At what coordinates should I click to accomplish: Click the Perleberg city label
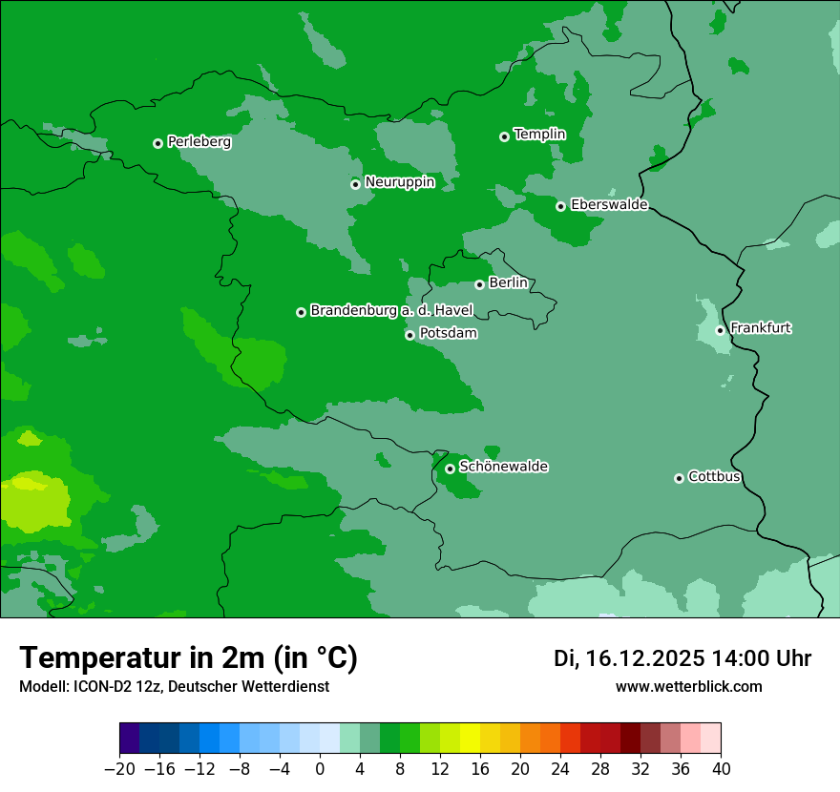(x=199, y=142)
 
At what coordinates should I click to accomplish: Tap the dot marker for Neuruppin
(x=355, y=184)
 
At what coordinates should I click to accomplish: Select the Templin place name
(x=539, y=135)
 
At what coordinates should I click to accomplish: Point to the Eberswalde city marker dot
(x=560, y=206)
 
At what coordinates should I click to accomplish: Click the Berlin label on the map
(x=508, y=283)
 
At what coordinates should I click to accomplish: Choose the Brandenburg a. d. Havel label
(x=391, y=311)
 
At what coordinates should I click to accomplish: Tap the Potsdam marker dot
(x=409, y=335)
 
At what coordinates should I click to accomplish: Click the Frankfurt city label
(x=761, y=328)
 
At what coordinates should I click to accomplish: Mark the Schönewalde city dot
(x=450, y=469)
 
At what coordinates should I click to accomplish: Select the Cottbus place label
(x=714, y=477)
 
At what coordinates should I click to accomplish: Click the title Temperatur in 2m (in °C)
(x=188, y=658)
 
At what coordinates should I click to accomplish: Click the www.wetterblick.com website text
(x=688, y=686)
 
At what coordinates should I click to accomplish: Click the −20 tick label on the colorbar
(x=119, y=769)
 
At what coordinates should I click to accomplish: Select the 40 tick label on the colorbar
(x=721, y=769)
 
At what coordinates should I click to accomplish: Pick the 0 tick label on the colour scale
(x=320, y=769)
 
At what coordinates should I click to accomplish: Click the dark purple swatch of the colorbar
(x=130, y=739)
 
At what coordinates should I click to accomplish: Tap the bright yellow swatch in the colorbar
(x=470, y=739)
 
